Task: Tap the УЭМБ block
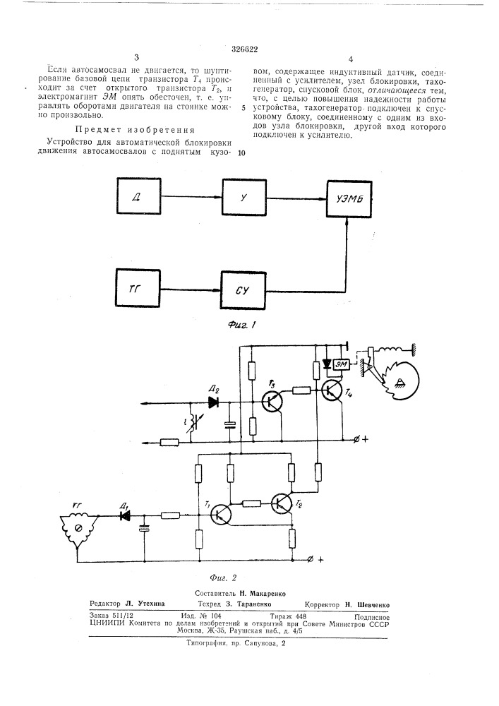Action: (349, 199)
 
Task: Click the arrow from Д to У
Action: (192, 197)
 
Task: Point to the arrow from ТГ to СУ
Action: (191, 289)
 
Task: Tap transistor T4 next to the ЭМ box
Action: (332, 390)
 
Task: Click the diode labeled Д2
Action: (213, 402)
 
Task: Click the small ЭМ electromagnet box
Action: (341, 364)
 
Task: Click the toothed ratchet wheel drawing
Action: (399, 378)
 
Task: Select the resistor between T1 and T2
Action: (252, 504)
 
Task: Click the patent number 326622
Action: (244, 49)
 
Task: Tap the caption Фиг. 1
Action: (242, 325)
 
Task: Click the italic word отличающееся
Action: (399, 90)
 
